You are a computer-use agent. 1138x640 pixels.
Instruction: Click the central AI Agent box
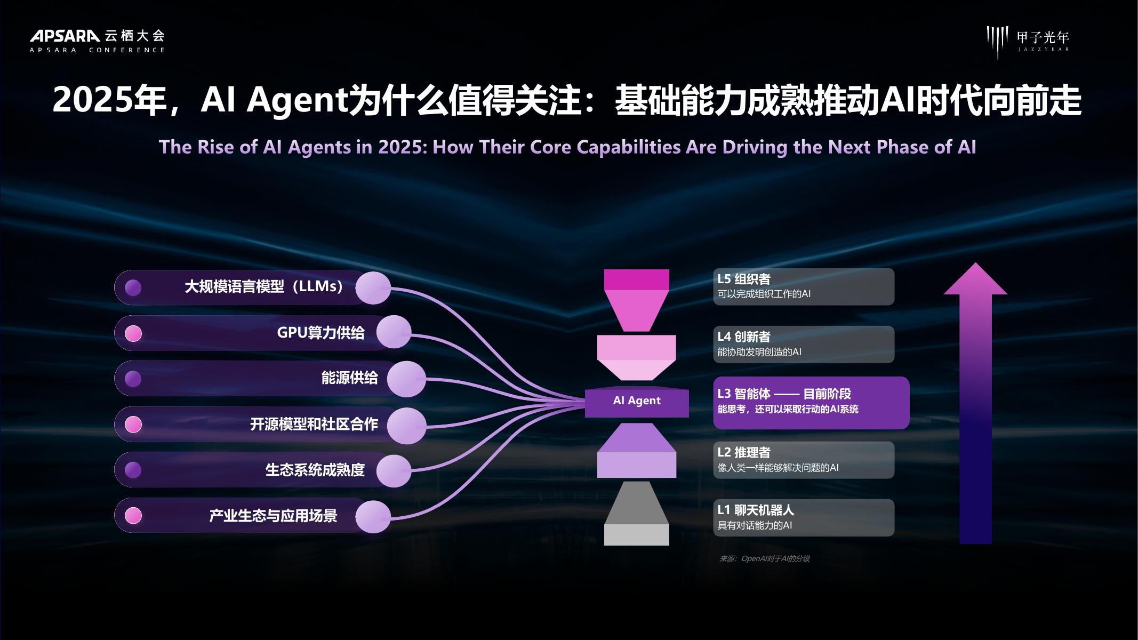tap(636, 401)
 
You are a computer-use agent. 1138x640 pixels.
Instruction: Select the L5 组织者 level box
tap(803, 286)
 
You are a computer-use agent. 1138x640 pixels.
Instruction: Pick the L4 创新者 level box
tap(803, 344)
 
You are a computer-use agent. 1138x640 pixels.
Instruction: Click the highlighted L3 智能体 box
tap(811, 402)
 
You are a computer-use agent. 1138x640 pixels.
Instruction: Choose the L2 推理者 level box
tap(803, 460)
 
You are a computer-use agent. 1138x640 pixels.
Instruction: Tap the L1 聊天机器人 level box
tap(803, 517)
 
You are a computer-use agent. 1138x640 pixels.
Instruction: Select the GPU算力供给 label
tap(320, 333)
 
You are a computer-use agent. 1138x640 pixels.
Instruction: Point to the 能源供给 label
tap(349, 378)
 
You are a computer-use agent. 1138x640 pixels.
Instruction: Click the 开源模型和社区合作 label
tap(314, 425)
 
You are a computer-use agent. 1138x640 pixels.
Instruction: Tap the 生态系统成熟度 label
tap(315, 470)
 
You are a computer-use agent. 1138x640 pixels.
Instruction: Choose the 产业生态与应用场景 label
tap(273, 516)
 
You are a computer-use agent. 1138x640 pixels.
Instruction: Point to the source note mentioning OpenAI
tap(764, 559)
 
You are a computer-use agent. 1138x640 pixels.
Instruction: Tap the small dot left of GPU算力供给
tap(133, 333)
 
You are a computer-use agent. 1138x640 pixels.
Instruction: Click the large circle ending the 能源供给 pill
tap(406, 379)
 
